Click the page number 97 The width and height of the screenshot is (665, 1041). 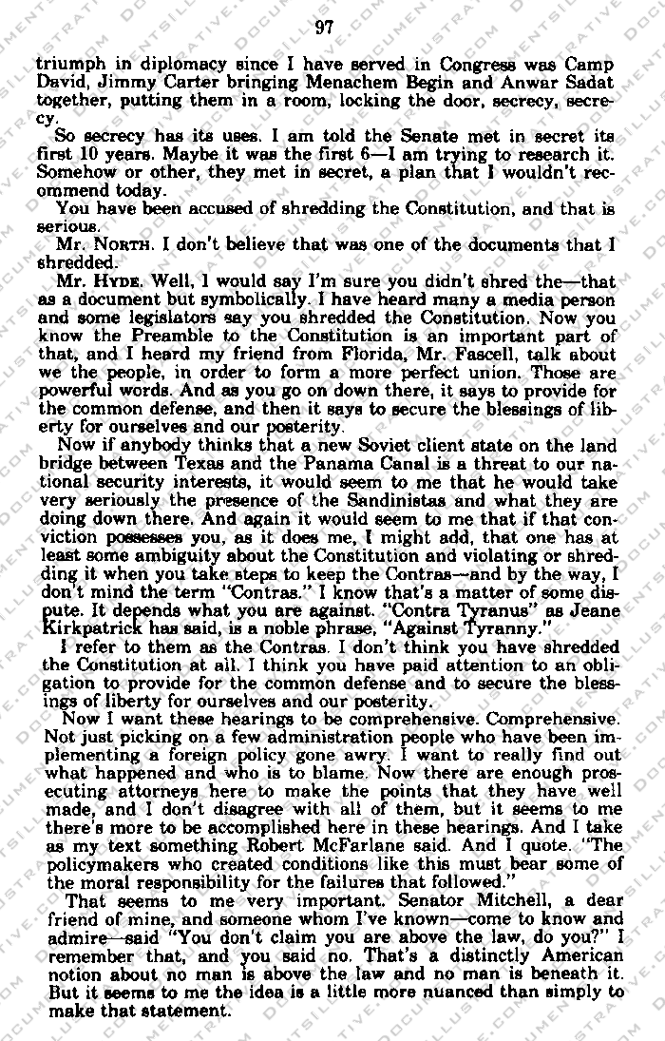click(323, 27)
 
